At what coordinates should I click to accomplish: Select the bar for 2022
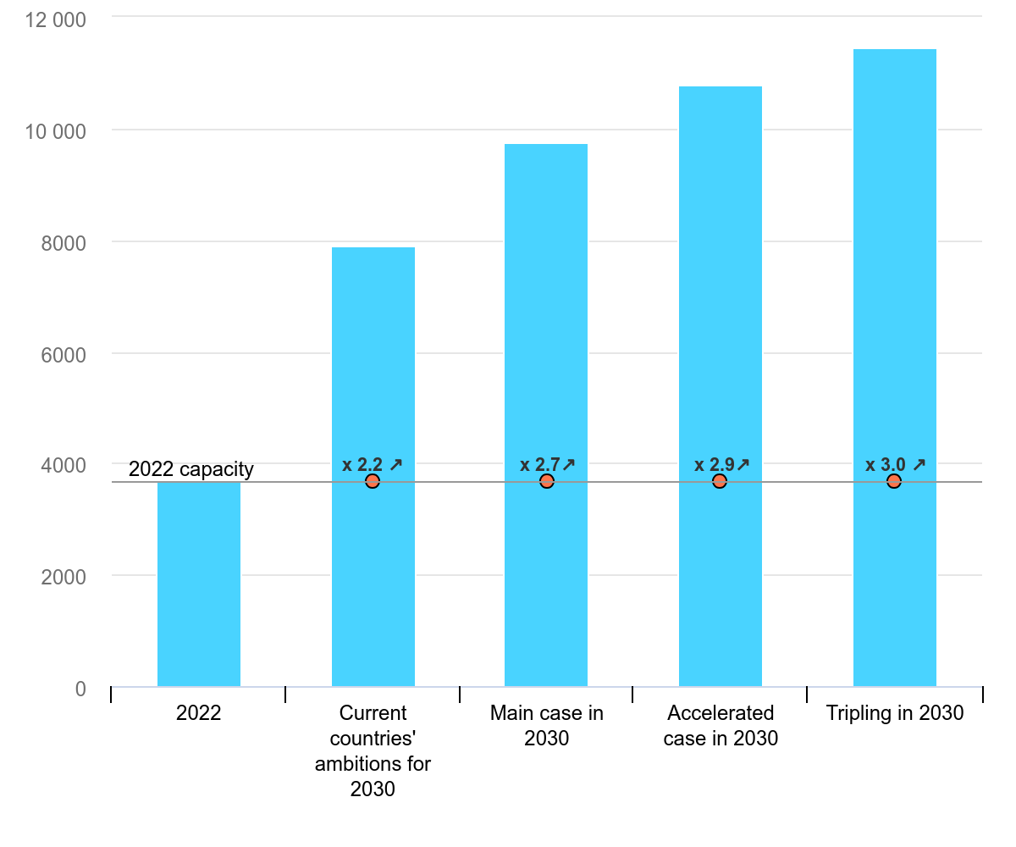coord(199,584)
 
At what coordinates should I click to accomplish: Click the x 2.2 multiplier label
coord(373,464)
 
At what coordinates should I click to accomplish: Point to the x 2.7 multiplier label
coord(548,464)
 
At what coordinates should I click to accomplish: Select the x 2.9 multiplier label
coord(722,464)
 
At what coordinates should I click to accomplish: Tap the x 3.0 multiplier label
coord(895,464)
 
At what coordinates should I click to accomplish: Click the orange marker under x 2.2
coord(373,481)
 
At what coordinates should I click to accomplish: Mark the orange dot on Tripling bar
coord(894,481)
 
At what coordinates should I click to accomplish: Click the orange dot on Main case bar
coord(547,481)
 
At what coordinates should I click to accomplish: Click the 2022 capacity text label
coord(191,469)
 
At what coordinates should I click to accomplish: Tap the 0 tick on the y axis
coord(80,689)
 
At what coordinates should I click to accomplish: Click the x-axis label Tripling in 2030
coord(895,713)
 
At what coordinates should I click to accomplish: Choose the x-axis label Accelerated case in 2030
coord(721,726)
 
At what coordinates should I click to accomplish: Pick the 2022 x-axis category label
coord(199,713)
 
